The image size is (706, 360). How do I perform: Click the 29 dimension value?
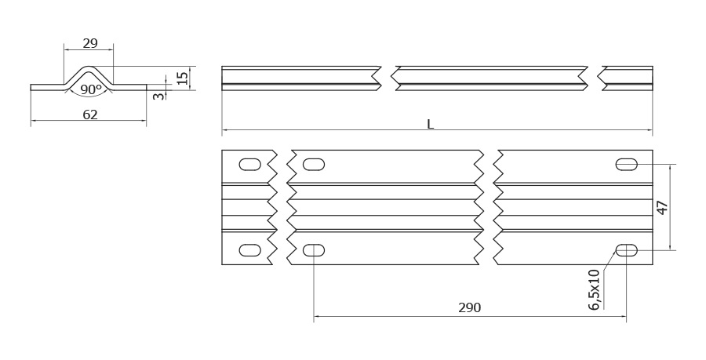click(x=90, y=43)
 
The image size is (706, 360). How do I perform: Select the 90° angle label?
click(x=91, y=89)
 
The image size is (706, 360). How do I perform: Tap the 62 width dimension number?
click(x=90, y=115)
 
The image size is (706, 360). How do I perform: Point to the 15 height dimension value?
click(x=182, y=78)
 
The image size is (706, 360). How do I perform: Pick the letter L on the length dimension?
click(x=431, y=124)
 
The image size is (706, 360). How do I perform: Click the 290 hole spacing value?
click(x=470, y=307)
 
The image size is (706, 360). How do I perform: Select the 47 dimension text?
click(x=662, y=207)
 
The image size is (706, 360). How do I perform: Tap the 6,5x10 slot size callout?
click(x=595, y=289)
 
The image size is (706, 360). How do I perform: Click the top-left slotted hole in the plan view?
click(x=250, y=165)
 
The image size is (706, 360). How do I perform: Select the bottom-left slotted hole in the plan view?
click(x=250, y=250)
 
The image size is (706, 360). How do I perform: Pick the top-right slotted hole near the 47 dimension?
click(x=626, y=165)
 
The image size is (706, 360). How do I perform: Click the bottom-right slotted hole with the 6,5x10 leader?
click(x=626, y=250)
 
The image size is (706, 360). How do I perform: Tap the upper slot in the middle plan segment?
click(x=314, y=165)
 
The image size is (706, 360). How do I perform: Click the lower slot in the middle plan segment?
click(x=314, y=250)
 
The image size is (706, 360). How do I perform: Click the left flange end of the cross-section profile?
click(x=31, y=87)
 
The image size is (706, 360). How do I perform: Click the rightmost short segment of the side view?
click(x=628, y=78)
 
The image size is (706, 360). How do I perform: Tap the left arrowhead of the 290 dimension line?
click(x=317, y=316)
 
